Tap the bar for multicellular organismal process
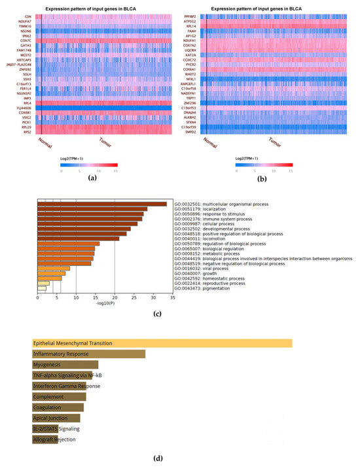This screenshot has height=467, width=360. [x=101, y=204]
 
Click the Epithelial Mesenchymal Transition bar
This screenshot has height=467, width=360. [x=162, y=343]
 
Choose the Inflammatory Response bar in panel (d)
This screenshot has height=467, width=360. [x=88, y=354]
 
